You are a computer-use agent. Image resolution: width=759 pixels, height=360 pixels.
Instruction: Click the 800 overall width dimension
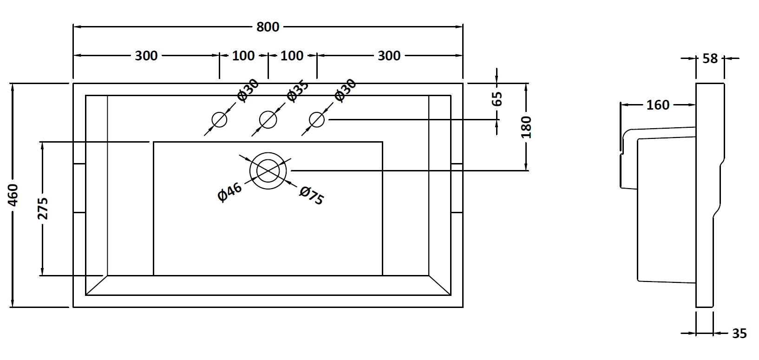coord(268,27)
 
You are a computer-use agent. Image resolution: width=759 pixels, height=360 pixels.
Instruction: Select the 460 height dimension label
coord(14,195)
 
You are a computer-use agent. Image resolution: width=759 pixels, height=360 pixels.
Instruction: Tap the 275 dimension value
coord(42,208)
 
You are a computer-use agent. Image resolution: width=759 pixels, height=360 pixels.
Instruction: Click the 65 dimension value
coord(497,98)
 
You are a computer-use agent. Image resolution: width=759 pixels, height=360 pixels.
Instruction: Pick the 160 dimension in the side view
coord(658,105)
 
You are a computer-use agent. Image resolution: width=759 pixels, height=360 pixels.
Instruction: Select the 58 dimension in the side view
coord(711,59)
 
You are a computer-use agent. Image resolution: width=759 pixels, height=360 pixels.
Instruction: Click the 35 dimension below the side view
coord(739,334)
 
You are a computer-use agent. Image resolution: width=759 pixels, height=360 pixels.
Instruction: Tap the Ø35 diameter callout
coord(298,90)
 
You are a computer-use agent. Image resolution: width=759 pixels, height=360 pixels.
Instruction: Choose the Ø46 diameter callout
coord(230,192)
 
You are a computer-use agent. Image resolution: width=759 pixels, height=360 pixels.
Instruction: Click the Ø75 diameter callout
coord(312,195)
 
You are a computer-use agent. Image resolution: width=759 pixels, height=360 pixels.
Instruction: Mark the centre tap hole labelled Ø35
coord(268,120)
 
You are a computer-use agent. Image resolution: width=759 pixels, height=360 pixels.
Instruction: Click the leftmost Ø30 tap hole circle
coord(219,120)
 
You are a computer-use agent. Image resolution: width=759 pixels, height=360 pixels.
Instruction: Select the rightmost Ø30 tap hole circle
coord(317,120)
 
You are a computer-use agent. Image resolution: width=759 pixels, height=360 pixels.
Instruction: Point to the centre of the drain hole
coord(268,170)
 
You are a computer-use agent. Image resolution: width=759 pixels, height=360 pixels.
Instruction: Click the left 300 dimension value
coord(146,56)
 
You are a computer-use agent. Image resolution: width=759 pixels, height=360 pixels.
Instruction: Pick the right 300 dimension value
coord(389,56)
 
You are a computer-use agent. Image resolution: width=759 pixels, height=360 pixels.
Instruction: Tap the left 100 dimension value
coord(243,56)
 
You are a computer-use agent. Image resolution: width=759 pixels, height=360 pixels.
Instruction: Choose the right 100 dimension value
coord(292,56)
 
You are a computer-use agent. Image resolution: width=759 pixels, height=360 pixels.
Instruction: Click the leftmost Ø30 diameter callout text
coord(248,90)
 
